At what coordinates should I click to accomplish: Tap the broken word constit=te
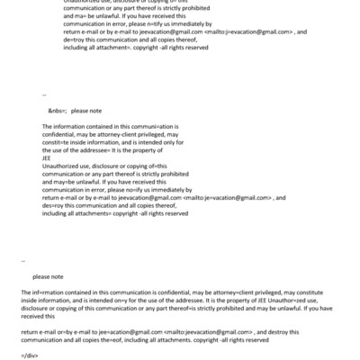(55, 141)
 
